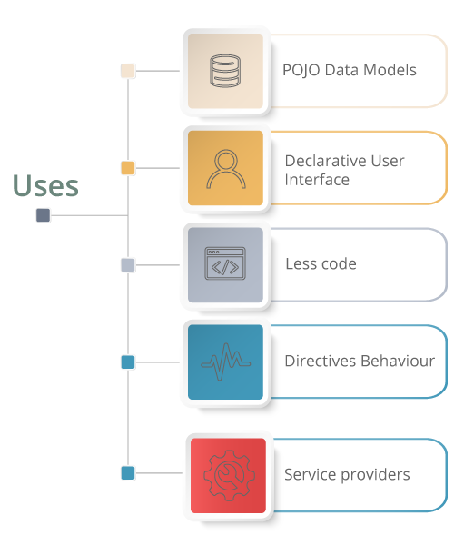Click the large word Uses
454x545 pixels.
[x=45, y=185]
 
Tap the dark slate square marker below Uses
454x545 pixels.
[x=43, y=215]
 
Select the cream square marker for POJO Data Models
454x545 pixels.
[x=128, y=71]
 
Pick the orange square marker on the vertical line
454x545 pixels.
[x=128, y=168]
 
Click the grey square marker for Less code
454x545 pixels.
[x=128, y=265]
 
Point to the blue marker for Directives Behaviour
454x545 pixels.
[x=128, y=362]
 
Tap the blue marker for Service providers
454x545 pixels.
[x=128, y=473]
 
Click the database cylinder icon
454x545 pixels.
[x=225, y=71]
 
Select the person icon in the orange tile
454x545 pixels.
[x=226, y=169]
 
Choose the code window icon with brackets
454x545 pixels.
[x=225, y=263]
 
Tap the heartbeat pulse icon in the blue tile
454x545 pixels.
[x=226, y=362]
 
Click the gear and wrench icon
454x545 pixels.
[x=229, y=475]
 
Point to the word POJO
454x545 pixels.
[x=301, y=71]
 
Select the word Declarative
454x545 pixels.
[x=325, y=161]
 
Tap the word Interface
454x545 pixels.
[x=317, y=180]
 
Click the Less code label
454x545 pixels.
[x=321, y=263]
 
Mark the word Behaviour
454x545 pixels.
[x=396, y=362]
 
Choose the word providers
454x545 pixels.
[x=376, y=475]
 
